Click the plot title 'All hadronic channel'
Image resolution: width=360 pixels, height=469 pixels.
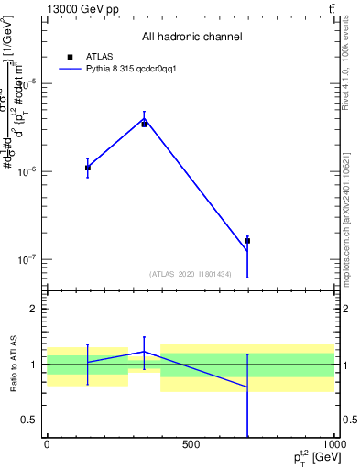click(x=191, y=38)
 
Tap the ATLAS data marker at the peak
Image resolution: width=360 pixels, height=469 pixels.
click(x=144, y=124)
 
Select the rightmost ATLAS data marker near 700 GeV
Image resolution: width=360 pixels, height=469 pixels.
click(x=247, y=241)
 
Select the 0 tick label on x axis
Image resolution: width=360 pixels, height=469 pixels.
click(x=47, y=444)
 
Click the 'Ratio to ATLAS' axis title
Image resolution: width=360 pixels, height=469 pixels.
click(x=13, y=364)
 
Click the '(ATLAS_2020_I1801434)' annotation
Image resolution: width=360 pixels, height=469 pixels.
click(x=191, y=274)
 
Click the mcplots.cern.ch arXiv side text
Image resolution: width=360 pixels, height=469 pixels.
click(x=348, y=220)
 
